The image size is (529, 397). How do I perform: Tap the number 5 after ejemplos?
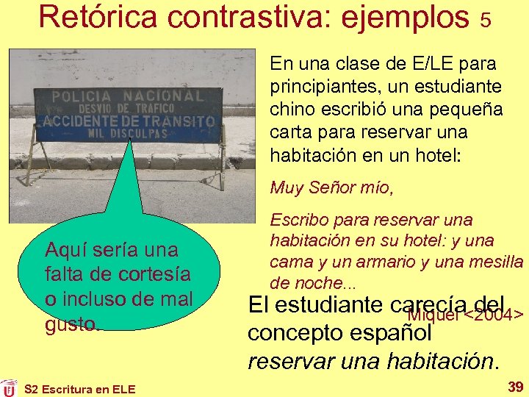pyautogui.click(x=485, y=20)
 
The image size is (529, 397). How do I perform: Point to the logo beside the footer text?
pyautogui.click(x=9, y=387)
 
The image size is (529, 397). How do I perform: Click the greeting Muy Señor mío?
pyautogui.click(x=331, y=188)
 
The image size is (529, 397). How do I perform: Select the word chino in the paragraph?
pyautogui.click(x=292, y=110)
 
